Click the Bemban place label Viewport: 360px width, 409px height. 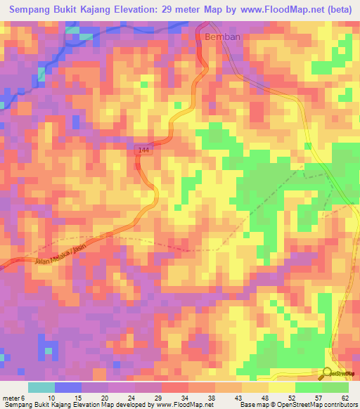[x=219, y=36]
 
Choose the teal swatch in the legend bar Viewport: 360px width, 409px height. [x=41, y=387]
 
